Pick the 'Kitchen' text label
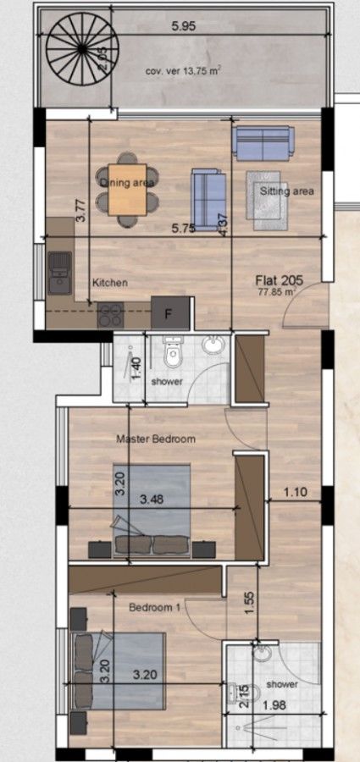(109, 283)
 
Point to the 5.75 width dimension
(184, 228)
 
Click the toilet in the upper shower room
(174, 356)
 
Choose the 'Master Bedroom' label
(156, 439)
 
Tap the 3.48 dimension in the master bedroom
(152, 499)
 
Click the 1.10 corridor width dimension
(294, 491)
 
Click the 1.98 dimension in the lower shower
(274, 706)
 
